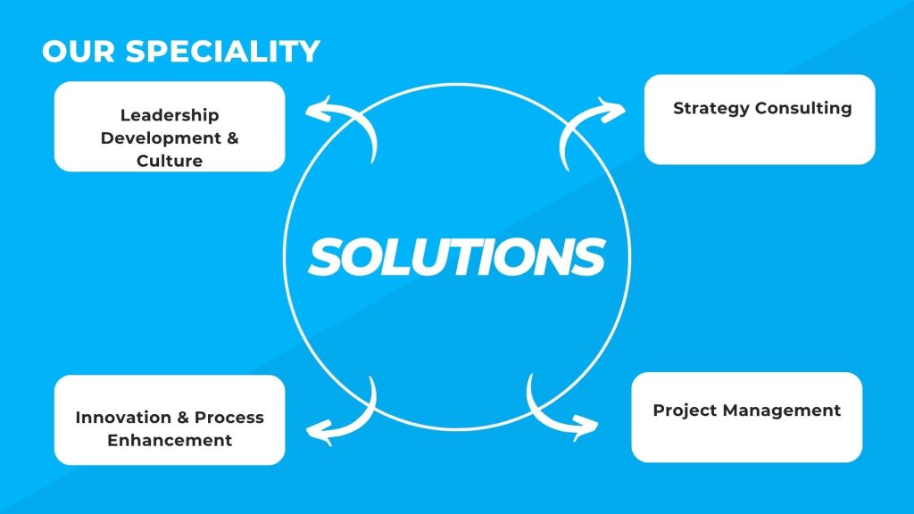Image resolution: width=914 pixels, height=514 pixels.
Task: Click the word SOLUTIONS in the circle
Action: tap(457, 256)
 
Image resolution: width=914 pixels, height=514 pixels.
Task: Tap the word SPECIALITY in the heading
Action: tap(222, 51)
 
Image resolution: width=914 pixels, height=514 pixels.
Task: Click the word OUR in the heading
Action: tap(79, 51)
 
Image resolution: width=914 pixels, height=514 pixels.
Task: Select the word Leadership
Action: tap(170, 115)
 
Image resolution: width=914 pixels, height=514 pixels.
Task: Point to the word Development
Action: tap(161, 138)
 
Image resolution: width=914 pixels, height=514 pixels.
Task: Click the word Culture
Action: tap(170, 161)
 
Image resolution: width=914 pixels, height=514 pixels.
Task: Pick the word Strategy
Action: tap(711, 109)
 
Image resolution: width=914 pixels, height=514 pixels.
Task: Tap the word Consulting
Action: tap(803, 109)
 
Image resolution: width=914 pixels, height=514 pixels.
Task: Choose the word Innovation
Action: tap(123, 418)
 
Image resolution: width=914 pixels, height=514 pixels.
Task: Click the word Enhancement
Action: tap(170, 440)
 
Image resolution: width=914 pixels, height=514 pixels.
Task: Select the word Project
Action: tap(685, 410)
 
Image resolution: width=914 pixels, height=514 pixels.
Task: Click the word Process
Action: tap(229, 418)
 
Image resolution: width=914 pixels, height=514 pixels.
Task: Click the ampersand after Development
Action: tap(233, 138)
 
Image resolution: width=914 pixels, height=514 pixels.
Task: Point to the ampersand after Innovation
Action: tap(183, 418)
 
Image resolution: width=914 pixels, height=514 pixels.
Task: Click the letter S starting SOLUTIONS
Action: tap(327, 256)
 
